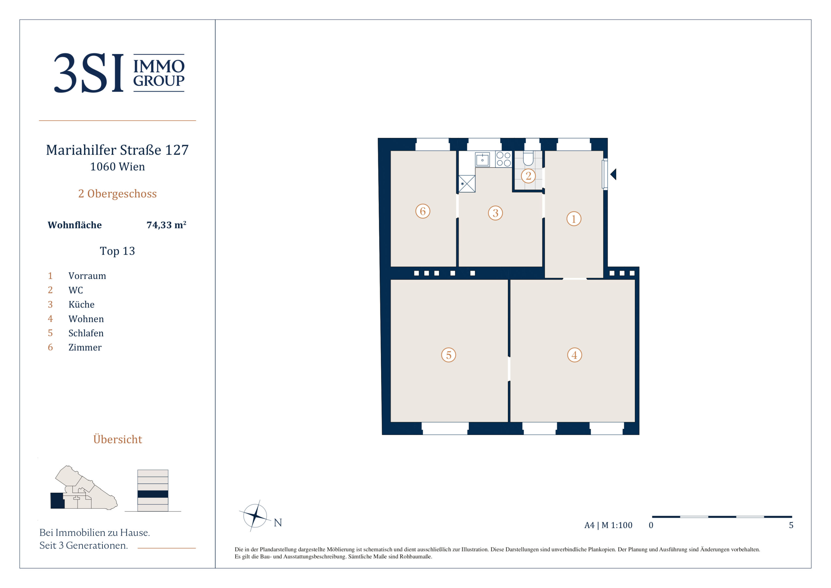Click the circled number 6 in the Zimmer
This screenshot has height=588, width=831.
click(423, 211)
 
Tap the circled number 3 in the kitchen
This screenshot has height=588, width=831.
click(496, 213)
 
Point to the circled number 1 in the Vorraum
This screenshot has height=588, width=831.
click(574, 219)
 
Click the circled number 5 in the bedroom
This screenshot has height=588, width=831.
click(449, 355)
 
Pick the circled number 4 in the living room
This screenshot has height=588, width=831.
click(574, 355)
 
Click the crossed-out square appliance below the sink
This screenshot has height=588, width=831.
click(467, 184)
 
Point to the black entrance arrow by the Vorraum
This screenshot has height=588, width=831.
click(613, 174)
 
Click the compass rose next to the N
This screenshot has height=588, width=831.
click(255, 516)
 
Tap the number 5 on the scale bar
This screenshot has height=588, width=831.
click(791, 525)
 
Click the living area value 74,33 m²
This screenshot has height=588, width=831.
click(166, 225)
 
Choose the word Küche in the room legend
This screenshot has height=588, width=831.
click(81, 304)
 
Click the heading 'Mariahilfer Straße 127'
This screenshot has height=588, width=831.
click(117, 150)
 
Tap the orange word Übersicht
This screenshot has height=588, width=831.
click(118, 439)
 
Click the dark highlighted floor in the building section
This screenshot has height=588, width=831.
click(153, 494)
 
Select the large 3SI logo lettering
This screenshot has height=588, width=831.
click(89, 73)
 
